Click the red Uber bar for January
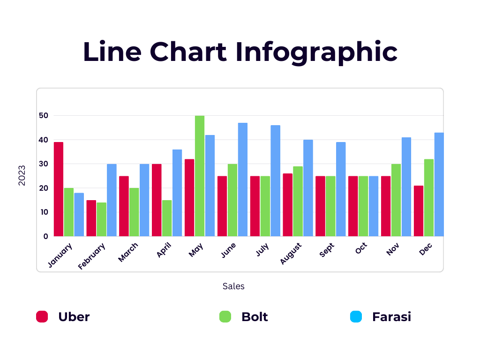click(x=59, y=189)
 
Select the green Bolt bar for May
click(x=200, y=176)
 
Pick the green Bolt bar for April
click(x=167, y=218)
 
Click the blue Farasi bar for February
click(x=112, y=200)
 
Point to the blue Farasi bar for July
click(x=275, y=181)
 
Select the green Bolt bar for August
click(x=298, y=202)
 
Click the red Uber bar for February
click(x=91, y=218)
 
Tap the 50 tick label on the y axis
click(x=44, y=115)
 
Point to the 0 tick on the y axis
click(x=46, y=236)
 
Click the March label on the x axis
click(x=128, y=252)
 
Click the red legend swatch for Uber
click(x=42, y=316)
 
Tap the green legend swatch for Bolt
click(x=225, y=316)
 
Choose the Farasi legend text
click(x=391, y=316)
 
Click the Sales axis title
click(x=233, y=286)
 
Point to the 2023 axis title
click(x=22, y=175)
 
